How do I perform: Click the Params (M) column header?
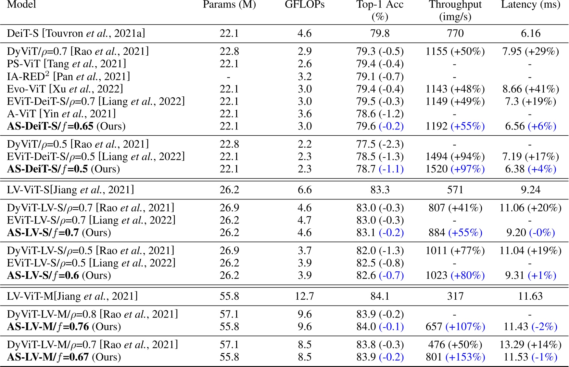[229, 5]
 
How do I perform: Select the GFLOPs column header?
[305, 5]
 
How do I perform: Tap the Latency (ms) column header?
[530, 5]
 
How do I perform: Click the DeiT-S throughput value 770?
[455, 33]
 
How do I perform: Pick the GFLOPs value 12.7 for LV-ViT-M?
[305, 296]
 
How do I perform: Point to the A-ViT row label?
[61, 114]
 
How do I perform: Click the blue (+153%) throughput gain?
[465, 357]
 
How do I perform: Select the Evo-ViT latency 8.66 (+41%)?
[530, 89]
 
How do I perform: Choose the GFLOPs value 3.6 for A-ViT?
[305, 114]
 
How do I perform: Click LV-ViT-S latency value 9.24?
[530, 190]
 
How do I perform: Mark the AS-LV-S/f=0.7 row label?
[59, 233]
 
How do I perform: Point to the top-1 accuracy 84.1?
[380, 296]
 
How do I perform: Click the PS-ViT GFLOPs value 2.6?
[305, 64]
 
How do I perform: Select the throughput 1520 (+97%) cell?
[455, 169]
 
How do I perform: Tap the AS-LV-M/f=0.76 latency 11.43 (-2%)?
[530, 326]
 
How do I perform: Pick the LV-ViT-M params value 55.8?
[229, 296]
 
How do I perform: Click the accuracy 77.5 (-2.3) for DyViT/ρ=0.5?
[380, 144]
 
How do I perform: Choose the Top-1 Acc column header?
[380, 10]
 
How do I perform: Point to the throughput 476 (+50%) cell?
[455, 345]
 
